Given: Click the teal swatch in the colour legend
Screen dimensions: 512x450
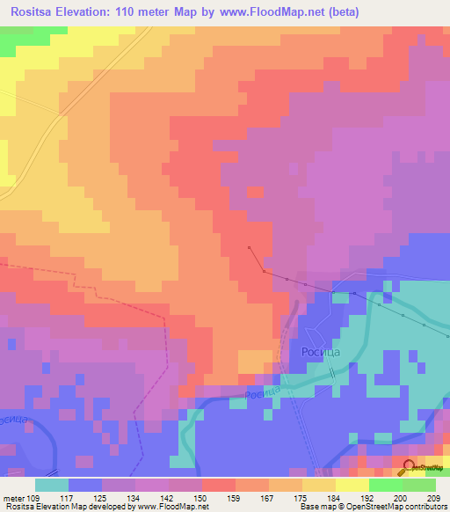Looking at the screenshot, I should pos(52,484).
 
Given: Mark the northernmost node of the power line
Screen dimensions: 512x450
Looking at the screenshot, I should pos(250,248).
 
